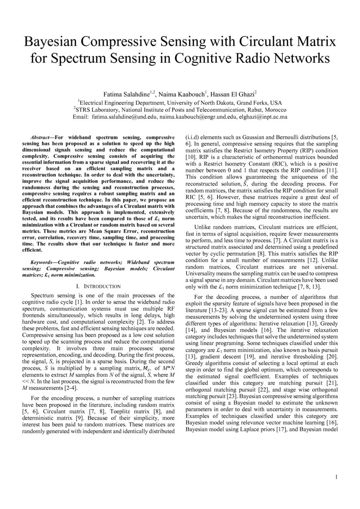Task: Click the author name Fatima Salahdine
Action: click(126, 94)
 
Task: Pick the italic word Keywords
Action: click(43, 263)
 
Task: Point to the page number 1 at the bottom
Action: click(336, 477)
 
